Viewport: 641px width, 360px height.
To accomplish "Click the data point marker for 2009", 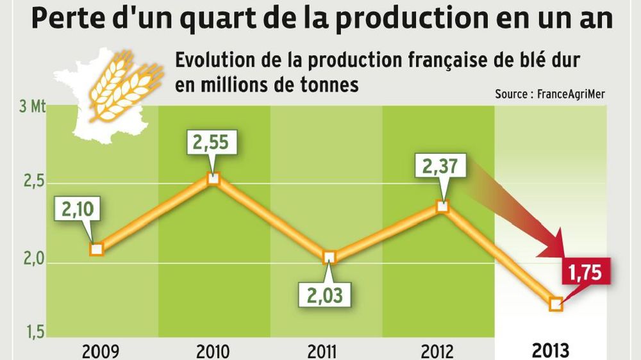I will pos(96,249).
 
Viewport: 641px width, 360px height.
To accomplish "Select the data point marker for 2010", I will pos(214,178).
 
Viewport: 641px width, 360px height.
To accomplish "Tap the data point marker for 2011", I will pos(329,258).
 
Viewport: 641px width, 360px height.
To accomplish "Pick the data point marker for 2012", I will pos(442,206).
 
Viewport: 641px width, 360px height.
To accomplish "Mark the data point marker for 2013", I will pos(556,304).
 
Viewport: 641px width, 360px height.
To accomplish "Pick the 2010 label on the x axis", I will pos(214,352).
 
